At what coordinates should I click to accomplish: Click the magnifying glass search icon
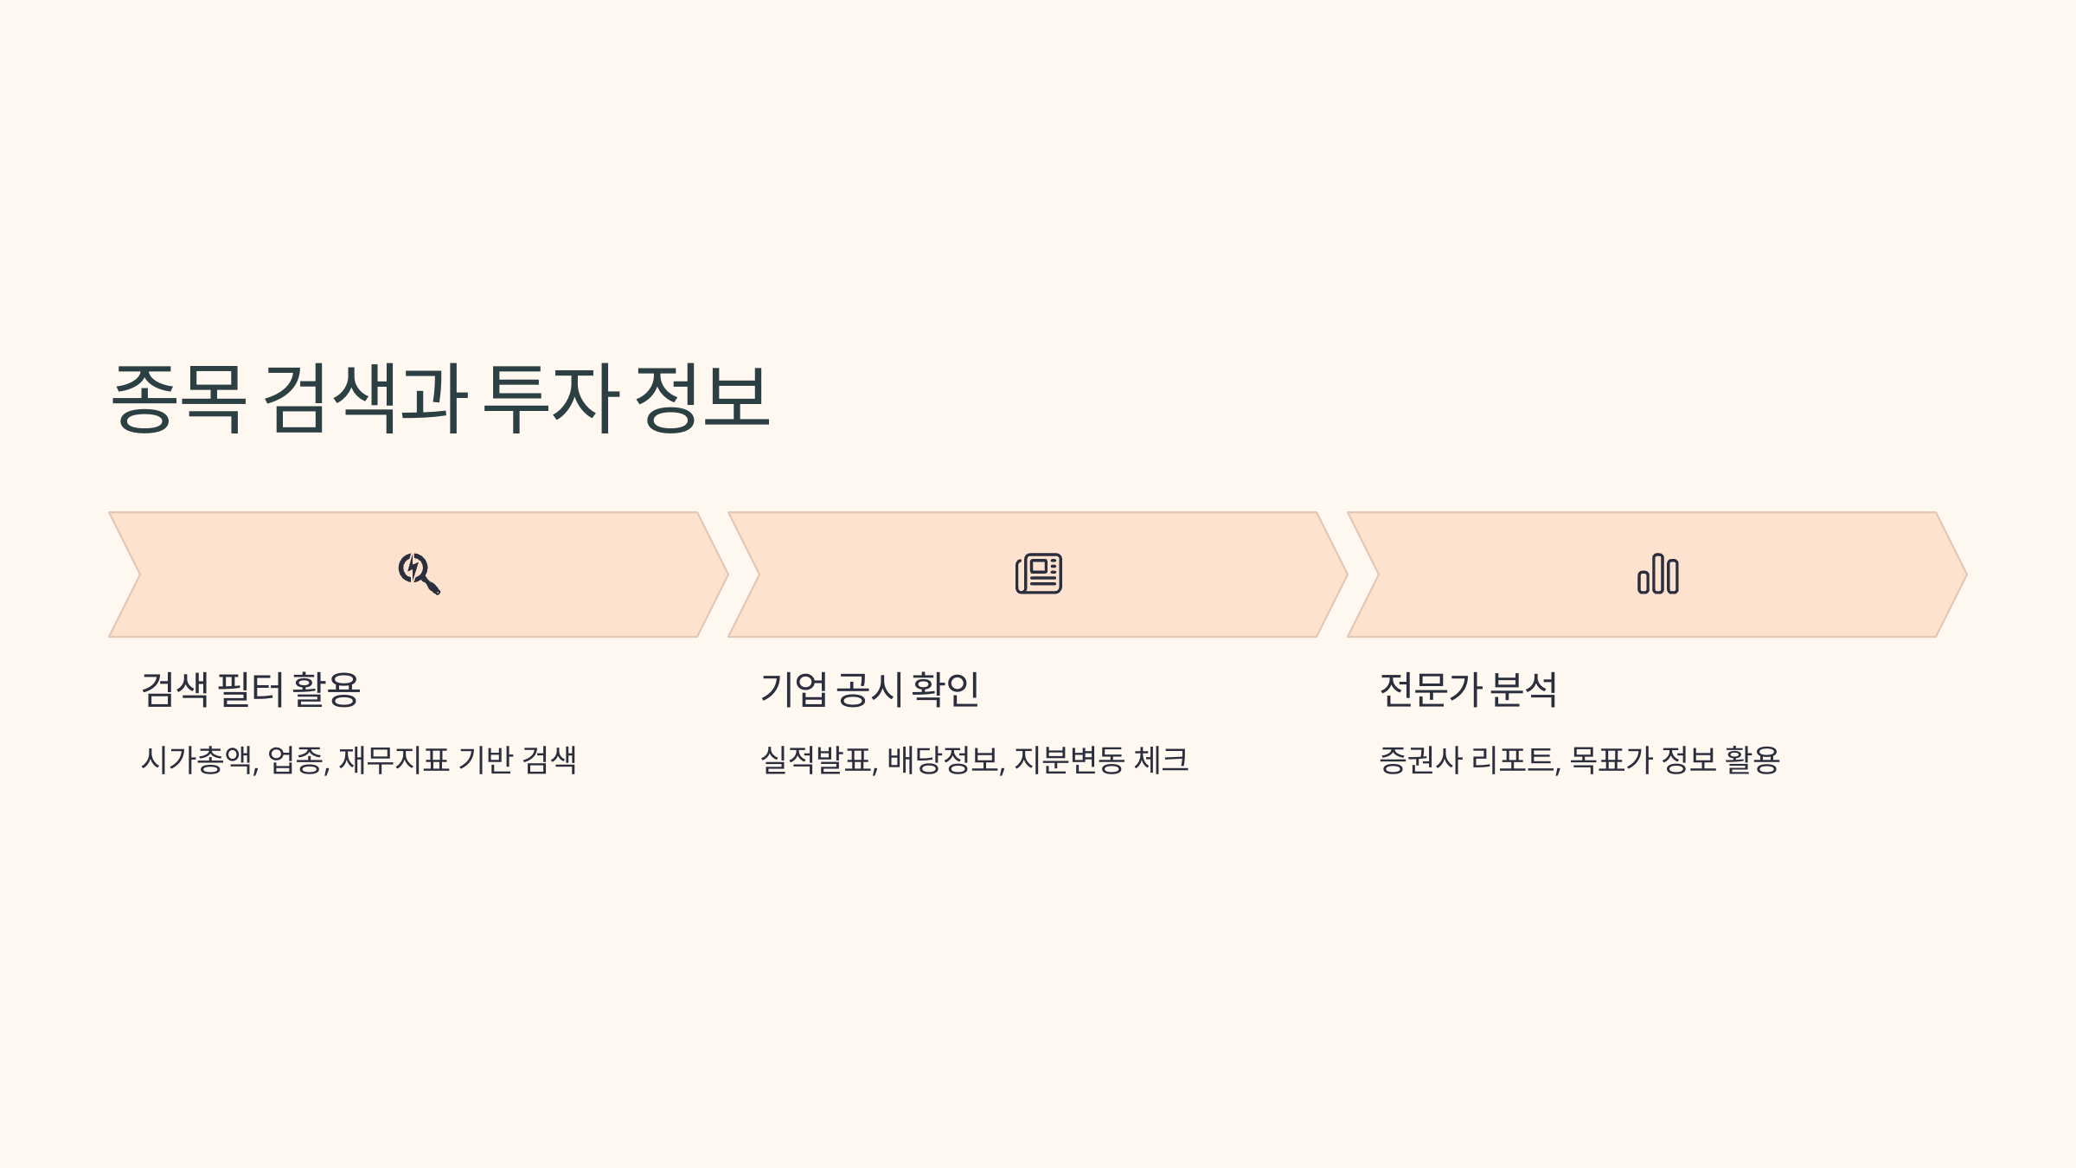click(x=419, y=574)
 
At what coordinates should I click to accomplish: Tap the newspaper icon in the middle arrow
click(x=1038, y=574)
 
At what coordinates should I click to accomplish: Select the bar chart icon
click(x=1657, y=574)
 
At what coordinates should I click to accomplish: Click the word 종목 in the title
click(x=178, y=398)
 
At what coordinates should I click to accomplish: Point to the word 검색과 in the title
click(x=364, y=398)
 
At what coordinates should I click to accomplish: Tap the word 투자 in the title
click(x=550, y=398)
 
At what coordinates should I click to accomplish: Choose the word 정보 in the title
click(x=702, y=398)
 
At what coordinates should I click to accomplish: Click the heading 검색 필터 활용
click(x=251, y=690)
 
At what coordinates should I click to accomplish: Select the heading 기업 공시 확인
click(x=869, y=690)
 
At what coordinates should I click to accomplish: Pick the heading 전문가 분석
click(x=1468, y=690)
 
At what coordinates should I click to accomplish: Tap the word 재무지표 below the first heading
click(x=394, y=760)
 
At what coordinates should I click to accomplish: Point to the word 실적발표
click(x=817, y=760)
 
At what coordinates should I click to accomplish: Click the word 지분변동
click(x=1069, y=760)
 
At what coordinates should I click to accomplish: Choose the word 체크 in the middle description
click(x=1161, y=760)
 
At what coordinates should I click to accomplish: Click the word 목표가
click(x=1611, y=760)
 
